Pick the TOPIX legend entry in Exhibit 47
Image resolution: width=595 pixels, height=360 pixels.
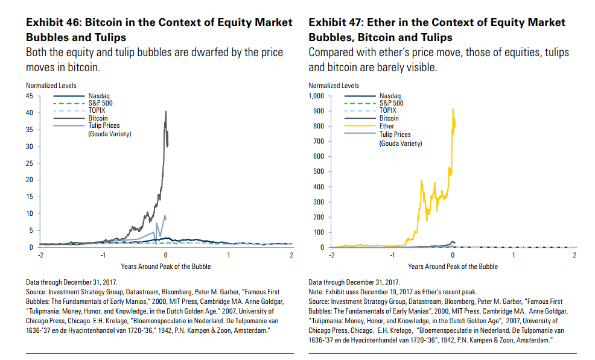pos(387,110)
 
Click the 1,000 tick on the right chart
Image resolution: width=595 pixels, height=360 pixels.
pos(316,96)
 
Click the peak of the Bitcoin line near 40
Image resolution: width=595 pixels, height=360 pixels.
pos(166,111)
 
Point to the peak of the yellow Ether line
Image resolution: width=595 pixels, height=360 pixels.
pos(453,109)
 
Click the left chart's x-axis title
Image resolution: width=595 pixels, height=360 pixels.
pos(165,266)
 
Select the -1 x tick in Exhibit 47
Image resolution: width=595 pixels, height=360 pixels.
pos(392,256)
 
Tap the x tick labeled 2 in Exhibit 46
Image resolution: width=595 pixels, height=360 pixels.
pos(291,256)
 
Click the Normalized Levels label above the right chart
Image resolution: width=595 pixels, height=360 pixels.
pos(333,86)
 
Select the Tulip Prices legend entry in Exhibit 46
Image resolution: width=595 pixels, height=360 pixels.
pos(104,126)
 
